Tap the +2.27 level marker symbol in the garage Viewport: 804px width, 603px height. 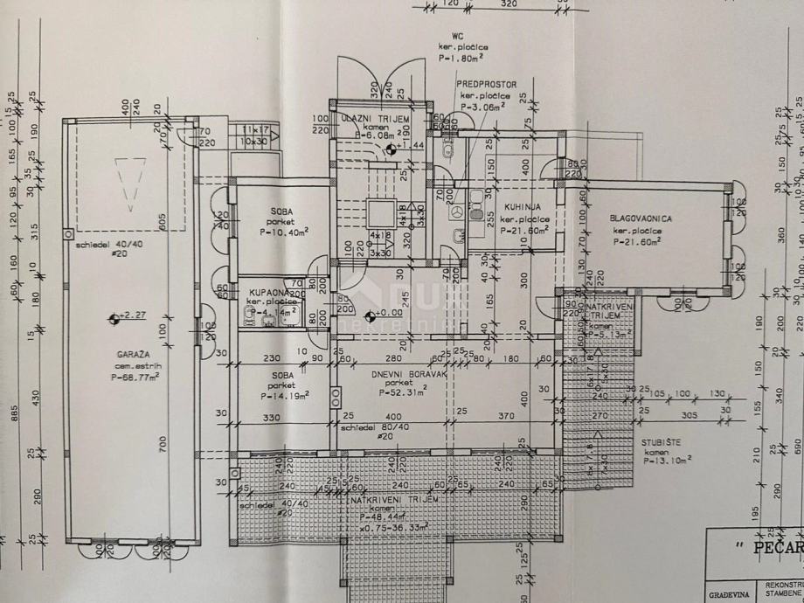pyautogui.click(x=113, y=318)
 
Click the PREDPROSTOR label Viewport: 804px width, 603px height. pyautogui.click(x=487, y=85)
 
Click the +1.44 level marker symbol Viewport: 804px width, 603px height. pyautogui.click(x=390, y=148)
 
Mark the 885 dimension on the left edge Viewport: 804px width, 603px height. pyautogui.click(x=15, y=413)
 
